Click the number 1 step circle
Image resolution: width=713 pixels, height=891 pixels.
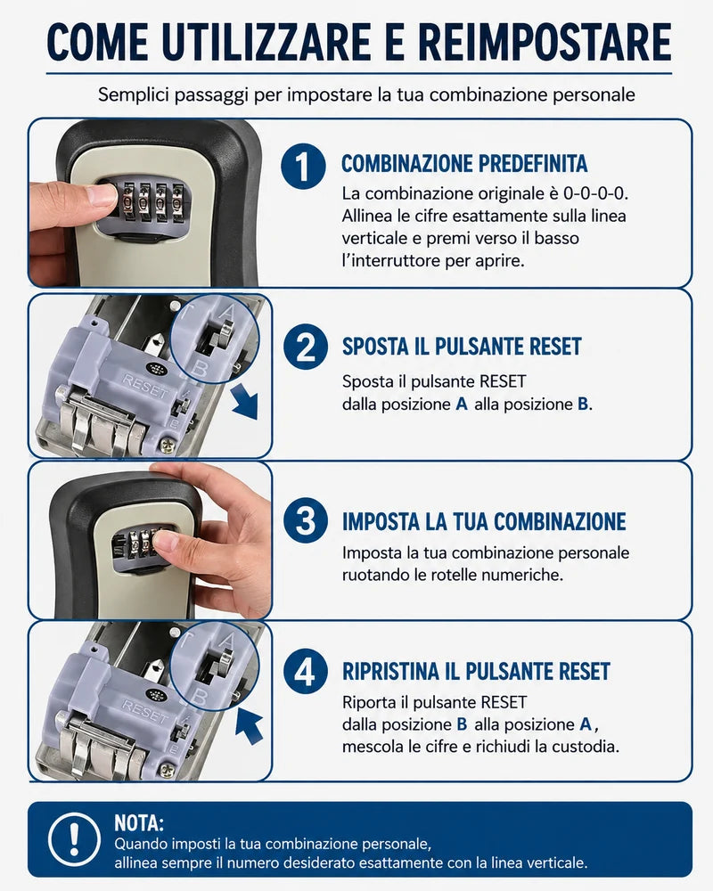point(304,166)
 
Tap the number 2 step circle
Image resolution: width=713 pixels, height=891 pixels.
point(306,347)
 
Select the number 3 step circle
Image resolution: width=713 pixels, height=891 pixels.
point(306,520)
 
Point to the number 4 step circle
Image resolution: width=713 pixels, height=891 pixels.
point(306,671)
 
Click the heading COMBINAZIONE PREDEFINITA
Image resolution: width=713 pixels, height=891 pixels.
point(464,164)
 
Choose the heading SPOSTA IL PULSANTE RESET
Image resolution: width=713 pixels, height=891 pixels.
point(462,346)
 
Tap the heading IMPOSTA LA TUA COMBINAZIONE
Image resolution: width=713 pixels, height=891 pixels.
point(484,521)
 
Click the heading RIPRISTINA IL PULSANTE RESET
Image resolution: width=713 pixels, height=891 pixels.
point(476,671)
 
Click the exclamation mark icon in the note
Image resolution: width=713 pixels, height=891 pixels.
point(74,839)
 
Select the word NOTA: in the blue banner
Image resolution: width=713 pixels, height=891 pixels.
point(139,822)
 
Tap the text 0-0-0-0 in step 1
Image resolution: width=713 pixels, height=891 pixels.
point(595,193)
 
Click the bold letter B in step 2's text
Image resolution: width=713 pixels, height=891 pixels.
point(583,404)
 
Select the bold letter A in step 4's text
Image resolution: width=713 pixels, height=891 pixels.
point(586,724)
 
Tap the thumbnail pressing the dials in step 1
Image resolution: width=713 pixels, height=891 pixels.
point(102,195)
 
